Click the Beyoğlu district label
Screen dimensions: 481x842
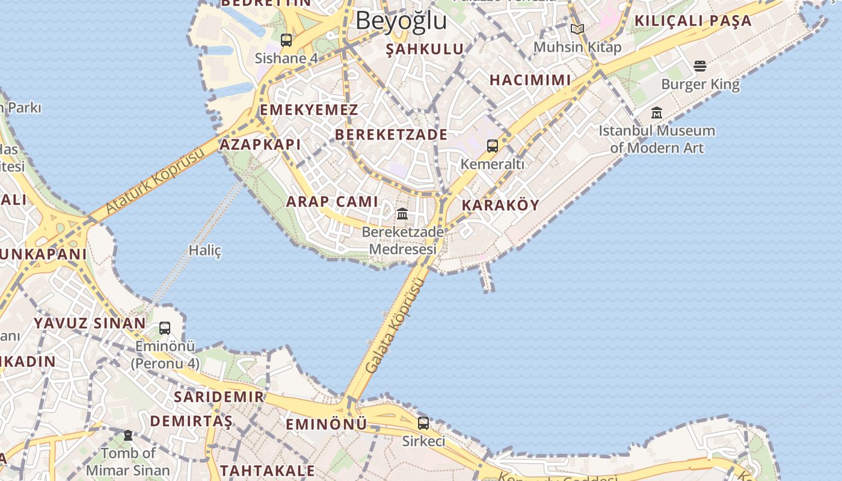pos(401,20)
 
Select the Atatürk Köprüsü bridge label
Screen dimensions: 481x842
pos(155,181)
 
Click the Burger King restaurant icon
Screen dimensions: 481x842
pos(699,66)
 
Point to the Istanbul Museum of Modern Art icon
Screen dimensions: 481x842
pos(657,113)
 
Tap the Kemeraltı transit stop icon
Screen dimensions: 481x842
pos(492,146)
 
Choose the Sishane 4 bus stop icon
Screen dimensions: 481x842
pos(286,40)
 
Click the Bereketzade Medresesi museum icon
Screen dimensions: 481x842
pos(402,214)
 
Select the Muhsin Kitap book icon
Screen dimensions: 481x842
pos(577,29)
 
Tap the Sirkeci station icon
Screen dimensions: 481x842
pos(423,423)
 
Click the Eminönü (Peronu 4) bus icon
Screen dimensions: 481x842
pos(165,328)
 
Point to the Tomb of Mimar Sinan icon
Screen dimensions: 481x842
pos(128,435)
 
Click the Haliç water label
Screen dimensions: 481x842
pos(205,250)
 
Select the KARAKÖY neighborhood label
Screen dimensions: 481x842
pos(500,205)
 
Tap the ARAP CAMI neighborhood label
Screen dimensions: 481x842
pos(332,201)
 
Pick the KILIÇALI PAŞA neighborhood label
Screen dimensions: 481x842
pos(693,21)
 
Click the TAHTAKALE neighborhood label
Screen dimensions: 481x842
pos(267,470)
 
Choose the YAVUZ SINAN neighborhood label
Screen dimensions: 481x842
pos(90,323)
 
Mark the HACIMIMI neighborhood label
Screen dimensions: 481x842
pos(530,80)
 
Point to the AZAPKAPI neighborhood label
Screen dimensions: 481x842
pos(260,144)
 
